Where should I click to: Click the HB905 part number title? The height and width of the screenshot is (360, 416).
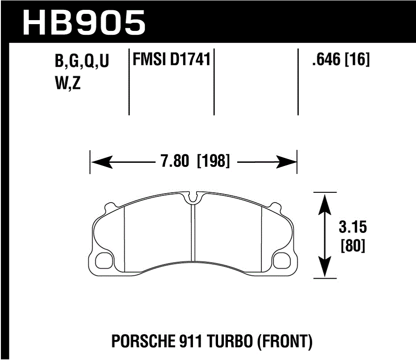pos(84,22)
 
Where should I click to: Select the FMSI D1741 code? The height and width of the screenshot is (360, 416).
pos(170,59)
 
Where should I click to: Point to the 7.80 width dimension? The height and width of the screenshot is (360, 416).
pos(174,161)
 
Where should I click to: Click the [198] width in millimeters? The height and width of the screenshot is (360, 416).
pos(213,161)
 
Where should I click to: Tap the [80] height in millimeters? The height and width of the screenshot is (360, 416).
pos(353,246)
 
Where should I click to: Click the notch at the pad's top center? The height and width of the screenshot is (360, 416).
pos(193,197)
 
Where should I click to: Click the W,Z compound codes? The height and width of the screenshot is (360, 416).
pos(67,84)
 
